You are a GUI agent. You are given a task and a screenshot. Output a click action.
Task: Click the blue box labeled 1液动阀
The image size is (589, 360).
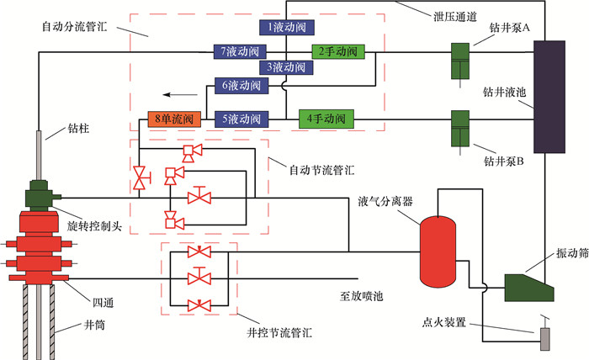(x=285, y=28)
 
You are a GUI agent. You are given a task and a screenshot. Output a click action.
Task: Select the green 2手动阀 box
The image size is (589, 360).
(x=339, y=52)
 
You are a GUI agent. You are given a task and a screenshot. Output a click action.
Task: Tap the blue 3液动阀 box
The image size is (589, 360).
(x=285, y=66)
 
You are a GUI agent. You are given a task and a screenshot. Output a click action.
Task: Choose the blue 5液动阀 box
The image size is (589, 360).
(x=241, y=119)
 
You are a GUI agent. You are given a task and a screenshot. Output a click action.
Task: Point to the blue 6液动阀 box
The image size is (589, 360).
(x=241, y=85)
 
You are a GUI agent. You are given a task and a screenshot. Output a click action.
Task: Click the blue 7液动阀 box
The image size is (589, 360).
(x=241, y=52)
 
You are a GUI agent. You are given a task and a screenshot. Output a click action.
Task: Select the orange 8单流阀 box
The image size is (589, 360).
(x=171, y=119)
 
